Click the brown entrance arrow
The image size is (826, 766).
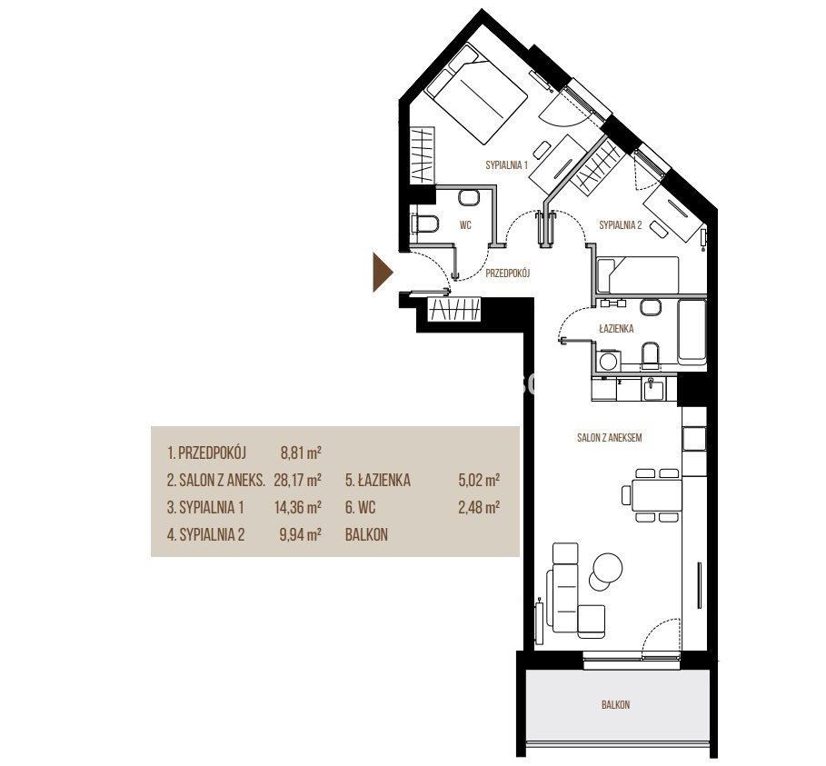click(x=383, y=273)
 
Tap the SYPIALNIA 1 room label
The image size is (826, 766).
click(x=506, y=164)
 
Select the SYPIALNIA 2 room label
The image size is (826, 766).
click(x=620, y=225)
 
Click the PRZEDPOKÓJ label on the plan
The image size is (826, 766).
click(x=507, y=273)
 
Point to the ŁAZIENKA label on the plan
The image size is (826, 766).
click(x=616, y=329)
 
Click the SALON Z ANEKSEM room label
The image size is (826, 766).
click(x=609, y=437)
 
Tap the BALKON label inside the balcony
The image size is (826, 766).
click(x=615, y=704)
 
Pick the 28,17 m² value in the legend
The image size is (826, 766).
click(x=298, y=480)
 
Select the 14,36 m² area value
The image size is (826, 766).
click(x=298, y=507)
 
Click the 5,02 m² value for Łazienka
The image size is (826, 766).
click(x=479, y=480)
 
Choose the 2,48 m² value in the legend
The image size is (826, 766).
click(x=479, y=507)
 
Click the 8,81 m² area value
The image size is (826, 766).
click(x=301, y=453)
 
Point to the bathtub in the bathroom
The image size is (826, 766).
click(x=692, y=332)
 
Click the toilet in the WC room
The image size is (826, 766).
click(x=424, y=224)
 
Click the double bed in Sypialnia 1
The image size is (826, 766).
click(x=475, y=95)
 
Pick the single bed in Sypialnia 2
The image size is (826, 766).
click(x=638, y=274)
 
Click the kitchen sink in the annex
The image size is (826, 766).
click(x=652, y=391)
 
